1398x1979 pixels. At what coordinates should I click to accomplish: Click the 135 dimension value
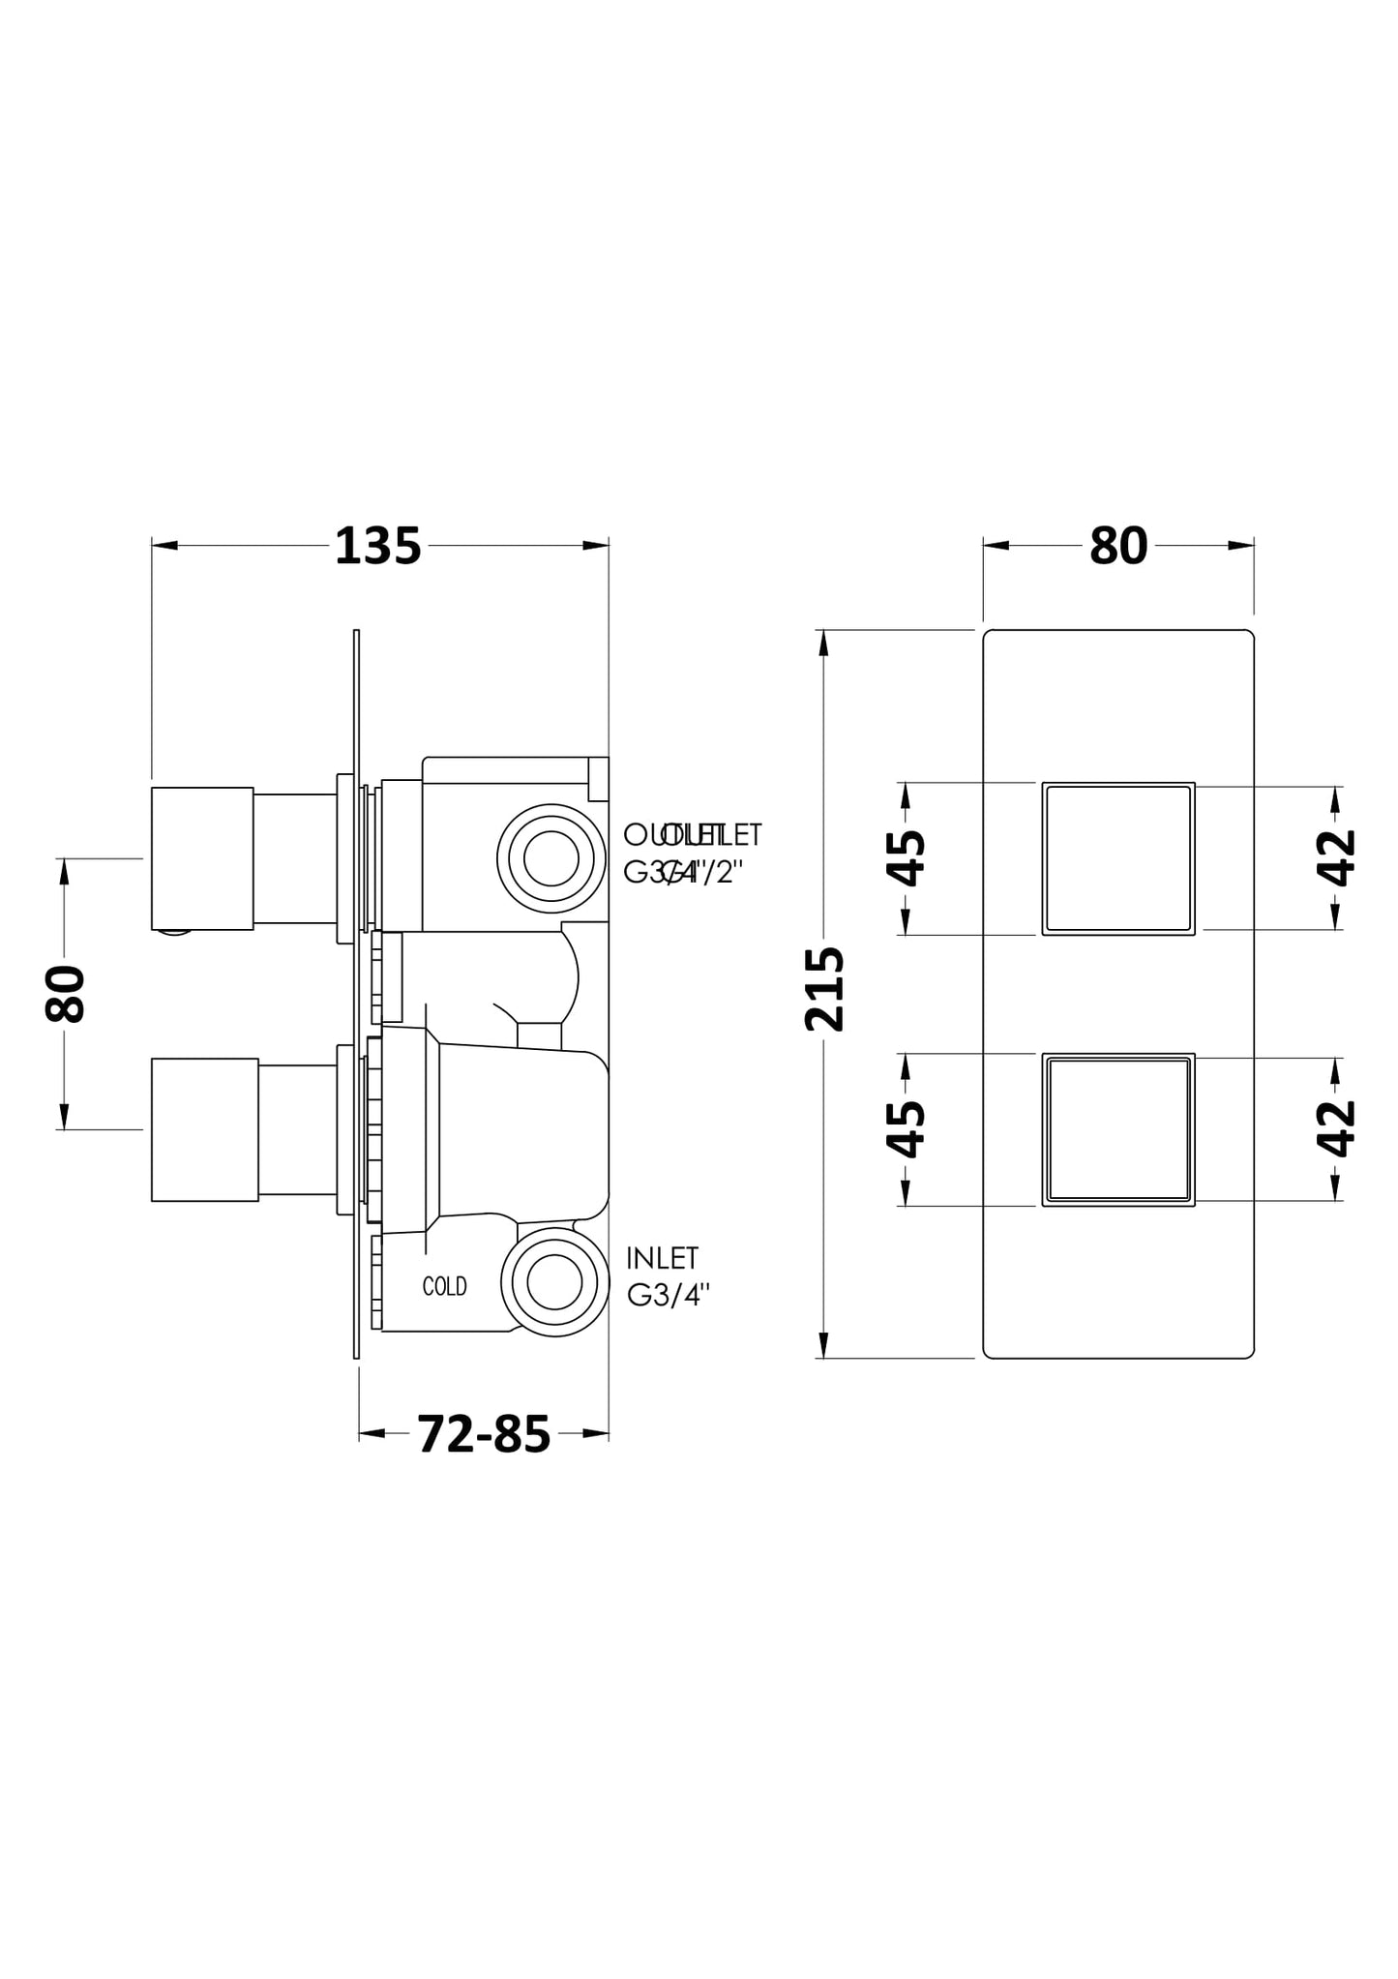pos(377,547)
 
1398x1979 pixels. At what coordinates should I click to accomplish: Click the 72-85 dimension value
pos(484,1434)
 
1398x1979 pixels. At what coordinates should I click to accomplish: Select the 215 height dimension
pos(824,989)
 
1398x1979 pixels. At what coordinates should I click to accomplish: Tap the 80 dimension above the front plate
pos(1117,547)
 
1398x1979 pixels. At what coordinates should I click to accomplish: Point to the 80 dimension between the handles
pos(66,993)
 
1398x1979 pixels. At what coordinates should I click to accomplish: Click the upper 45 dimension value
pos(907,857)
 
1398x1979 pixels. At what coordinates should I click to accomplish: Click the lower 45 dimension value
pos(907,1128)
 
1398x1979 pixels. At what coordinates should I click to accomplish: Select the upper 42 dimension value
pos(1336,857)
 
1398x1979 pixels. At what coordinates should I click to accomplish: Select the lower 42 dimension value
pos(1336,1128)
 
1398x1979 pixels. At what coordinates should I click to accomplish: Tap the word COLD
pos(444,1286)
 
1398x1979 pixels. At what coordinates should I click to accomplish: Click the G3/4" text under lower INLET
pos(669,1295)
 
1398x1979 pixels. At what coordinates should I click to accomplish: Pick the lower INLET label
pos(662,1258)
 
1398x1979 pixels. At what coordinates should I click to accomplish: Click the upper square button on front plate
pos(1117,858)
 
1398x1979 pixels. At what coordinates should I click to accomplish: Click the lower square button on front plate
pos(1117,1129)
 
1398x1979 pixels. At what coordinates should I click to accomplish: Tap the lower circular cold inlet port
pos(554,1282)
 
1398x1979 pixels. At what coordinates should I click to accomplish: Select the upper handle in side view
pos(202,858)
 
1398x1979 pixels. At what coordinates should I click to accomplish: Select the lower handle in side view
pos(204,1129)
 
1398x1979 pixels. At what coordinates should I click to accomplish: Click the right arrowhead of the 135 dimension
pos(597,546)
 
